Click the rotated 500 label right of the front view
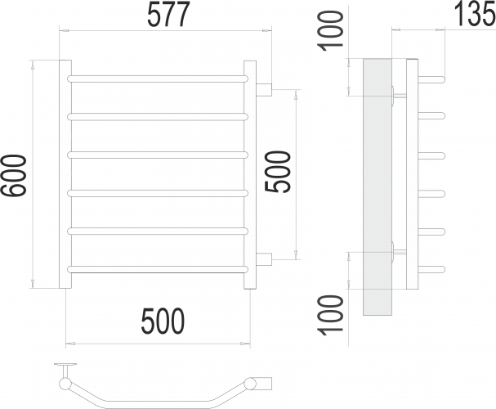click(279, 172)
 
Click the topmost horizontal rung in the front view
click(158, 79)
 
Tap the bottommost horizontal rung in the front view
click(158, 268)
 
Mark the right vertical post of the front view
click(251, 173)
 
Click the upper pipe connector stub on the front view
click(265, 88)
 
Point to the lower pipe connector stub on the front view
click(265, 259)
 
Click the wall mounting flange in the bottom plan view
click(64, 366)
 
